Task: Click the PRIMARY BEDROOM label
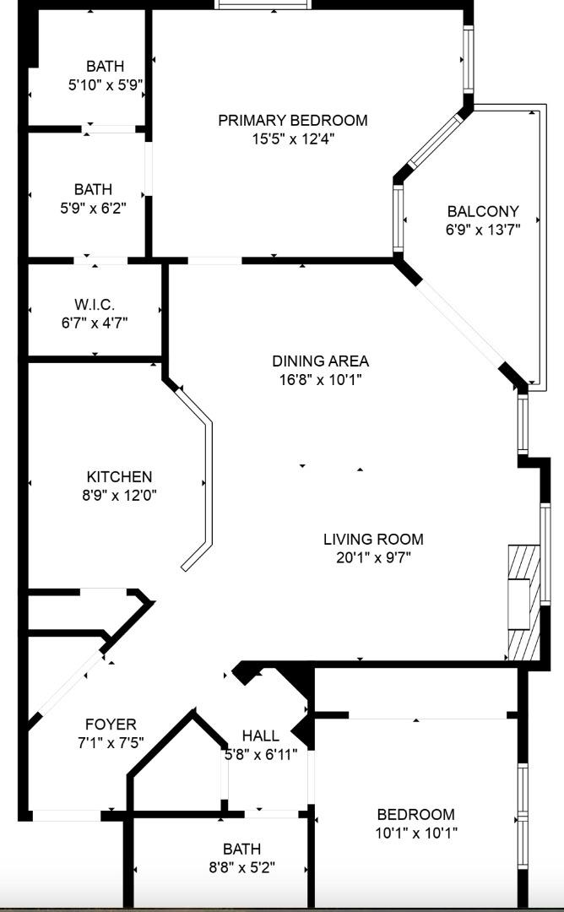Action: click(292, 121)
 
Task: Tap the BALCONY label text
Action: click(483, 211)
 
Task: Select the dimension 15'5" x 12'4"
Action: click(292, 139)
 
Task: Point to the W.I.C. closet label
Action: click(94, 304)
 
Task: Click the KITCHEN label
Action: click(119, 477)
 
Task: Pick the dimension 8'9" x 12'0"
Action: click(119, 495)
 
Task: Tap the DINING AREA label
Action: click(320, 361)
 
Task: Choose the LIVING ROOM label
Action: click(373, 539)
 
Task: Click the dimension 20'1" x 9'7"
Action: click(373, 557)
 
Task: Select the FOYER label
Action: click(111, 725)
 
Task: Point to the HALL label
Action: click(260, 736)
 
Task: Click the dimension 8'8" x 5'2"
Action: click(241, 867)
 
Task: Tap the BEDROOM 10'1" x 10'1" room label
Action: click(415, 815)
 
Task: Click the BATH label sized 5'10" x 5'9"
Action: click(105, 67)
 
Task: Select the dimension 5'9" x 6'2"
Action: click(92, 208)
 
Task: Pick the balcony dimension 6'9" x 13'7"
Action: click(483, 229)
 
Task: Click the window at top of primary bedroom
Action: click(263, 4)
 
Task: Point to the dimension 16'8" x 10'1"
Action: click(320, 379)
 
